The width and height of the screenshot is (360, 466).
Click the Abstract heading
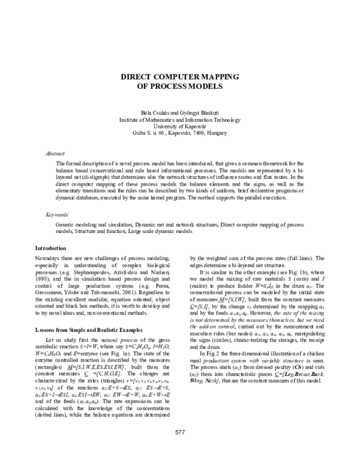55,154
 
